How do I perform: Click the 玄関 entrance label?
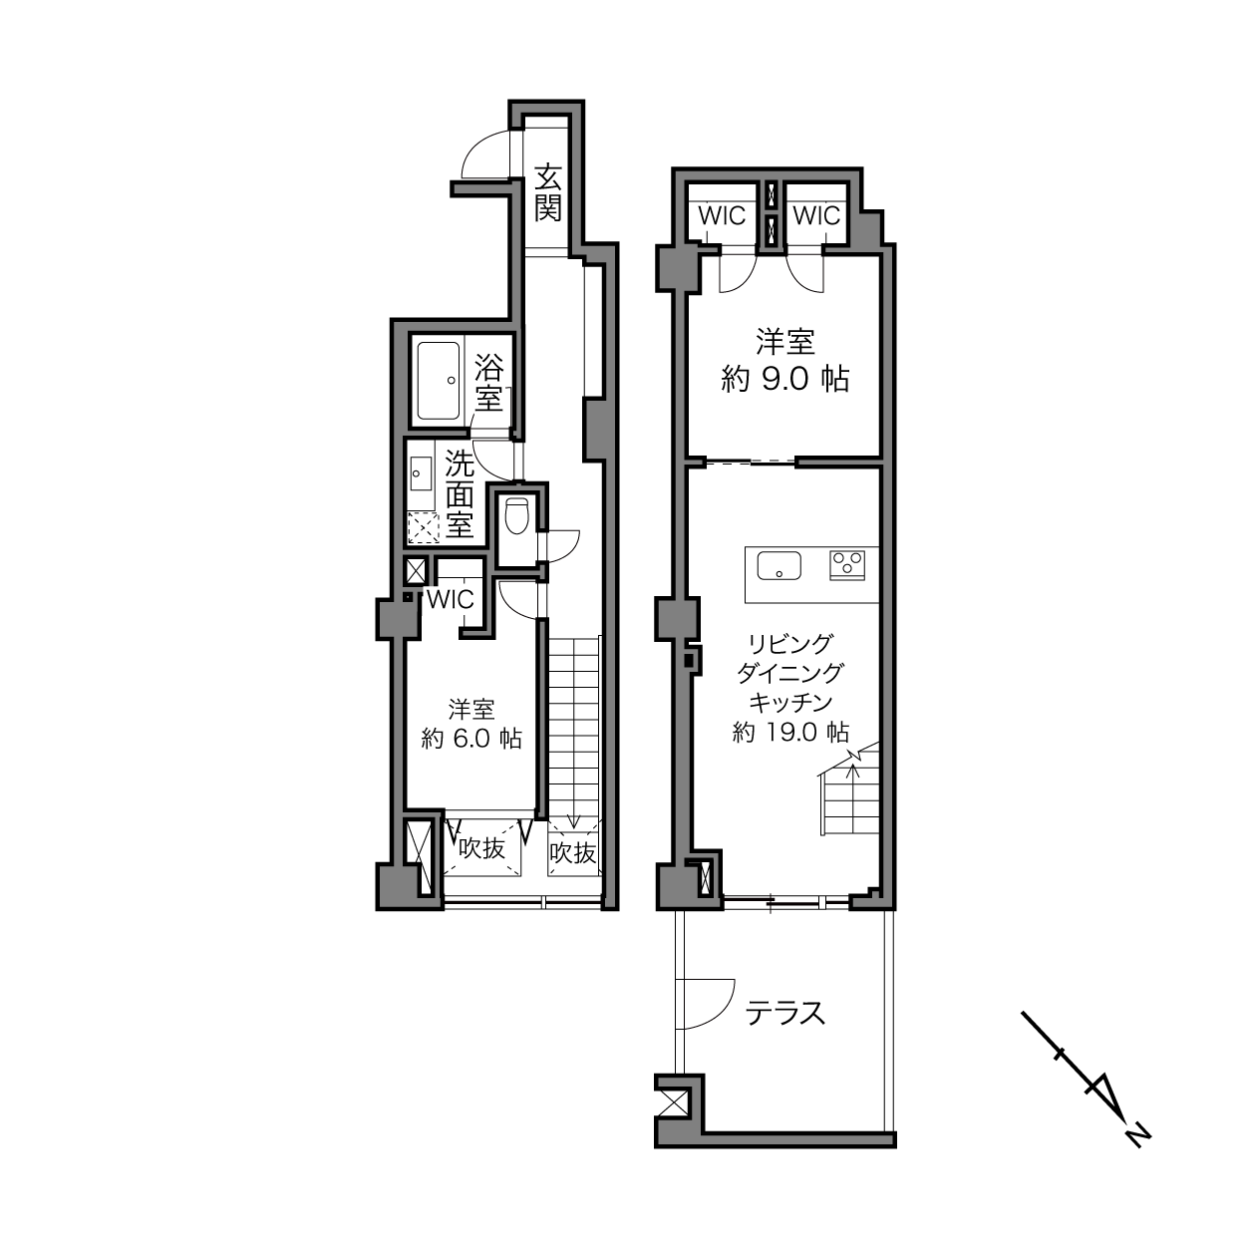[x=547, y=192]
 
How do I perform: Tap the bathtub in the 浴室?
[x=439, y=381]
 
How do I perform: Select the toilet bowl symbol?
[x=516, y=516]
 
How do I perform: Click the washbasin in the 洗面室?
[x=421, y=473]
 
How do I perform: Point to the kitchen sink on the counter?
[x=779, y=565]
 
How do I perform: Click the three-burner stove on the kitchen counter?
[x=847, y=565]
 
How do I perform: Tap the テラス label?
[x=784, y=1013]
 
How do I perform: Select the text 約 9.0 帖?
[x=784, y=379]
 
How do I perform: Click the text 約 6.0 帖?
[x=471, y=739]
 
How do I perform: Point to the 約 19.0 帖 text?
[x=790, y=733]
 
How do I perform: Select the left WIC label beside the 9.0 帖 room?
[x=722, y=215]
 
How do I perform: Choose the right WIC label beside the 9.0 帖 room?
[x=816, y=215]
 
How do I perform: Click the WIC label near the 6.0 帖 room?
[x=452, y=600]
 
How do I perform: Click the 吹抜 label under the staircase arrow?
[x=573, y=853]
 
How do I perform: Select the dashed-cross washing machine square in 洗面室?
[x=423, y=527]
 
